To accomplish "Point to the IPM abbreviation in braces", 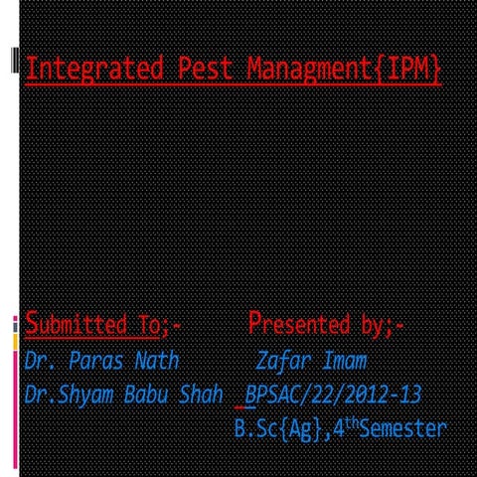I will tap(410, 70).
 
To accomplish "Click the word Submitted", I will tap(74, 324).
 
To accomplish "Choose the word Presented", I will tap(296, 324).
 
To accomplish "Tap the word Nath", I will tap(152, 360).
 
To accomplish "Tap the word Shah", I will tap(201, 396).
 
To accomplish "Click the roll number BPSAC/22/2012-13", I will tap(333, 396).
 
